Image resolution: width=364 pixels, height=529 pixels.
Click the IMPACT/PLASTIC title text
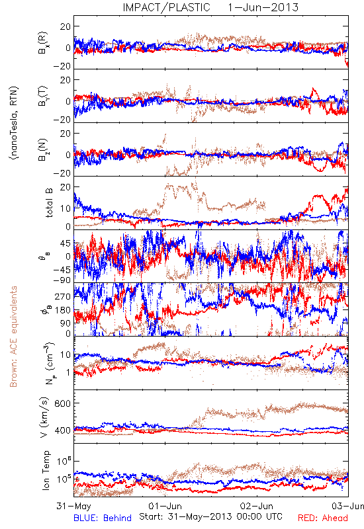[x=166, y=7]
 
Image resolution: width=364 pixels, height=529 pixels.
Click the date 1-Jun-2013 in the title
[x=263, y=7]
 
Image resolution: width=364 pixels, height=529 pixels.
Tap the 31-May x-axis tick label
[x=73, y=507]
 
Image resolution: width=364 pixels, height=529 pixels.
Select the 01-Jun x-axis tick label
[x=165, y=507]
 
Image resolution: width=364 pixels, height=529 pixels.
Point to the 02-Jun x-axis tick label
[x=257, y=507]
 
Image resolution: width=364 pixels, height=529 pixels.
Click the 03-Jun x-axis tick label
[x=348, y=507]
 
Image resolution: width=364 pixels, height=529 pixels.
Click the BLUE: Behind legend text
[x=103, y=518]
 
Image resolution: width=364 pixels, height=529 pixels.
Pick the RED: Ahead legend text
[x=323, y=518]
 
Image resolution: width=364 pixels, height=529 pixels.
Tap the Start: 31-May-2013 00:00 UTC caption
[x=210, y=516]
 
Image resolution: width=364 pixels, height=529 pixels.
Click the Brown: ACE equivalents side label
[x=13, y=337]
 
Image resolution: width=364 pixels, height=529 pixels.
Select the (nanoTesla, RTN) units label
[x=14, y=122]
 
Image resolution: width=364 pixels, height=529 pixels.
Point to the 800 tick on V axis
[x=63, y=403]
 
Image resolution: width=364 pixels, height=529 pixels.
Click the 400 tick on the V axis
[x=63, y=430]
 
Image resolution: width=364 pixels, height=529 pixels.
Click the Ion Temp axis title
[x=46, y=470]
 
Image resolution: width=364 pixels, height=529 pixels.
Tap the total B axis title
[x=48, y=203]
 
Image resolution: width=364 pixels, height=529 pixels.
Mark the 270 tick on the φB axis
[x=63, y=296]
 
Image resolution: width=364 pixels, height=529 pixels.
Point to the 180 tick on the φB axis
[x=63, y=310]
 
